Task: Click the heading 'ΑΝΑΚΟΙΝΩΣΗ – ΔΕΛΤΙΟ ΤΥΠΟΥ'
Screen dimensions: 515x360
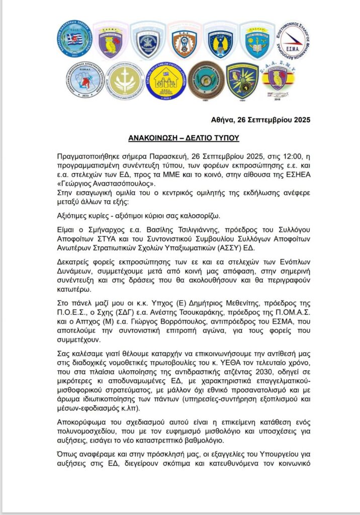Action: click(x=179, y=137)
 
